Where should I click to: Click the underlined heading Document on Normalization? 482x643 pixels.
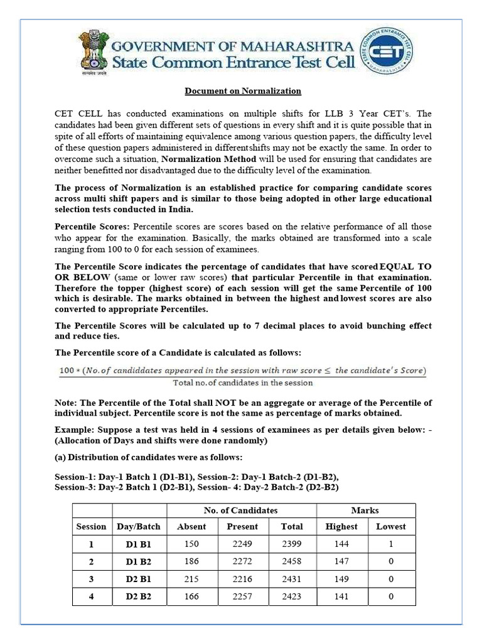pyautogui.click(x=242, y=91)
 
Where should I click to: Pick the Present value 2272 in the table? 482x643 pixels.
pyautogui.click(x=242, y=562)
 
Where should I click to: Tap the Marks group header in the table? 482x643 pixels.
pyautogui.click(x=365, y=511)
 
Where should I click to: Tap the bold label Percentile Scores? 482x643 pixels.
pyautogui.click(x=92, y=226)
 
